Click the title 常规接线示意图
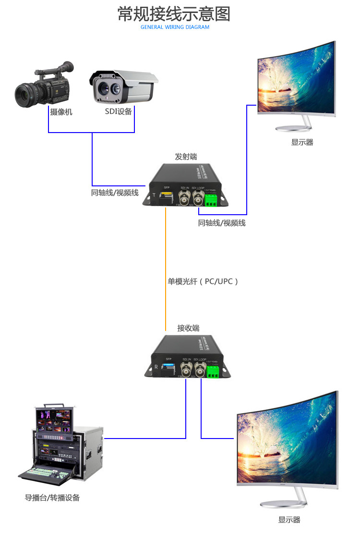[174, 14]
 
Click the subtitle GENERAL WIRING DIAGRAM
[175, 27]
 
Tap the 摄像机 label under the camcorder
[61, 112]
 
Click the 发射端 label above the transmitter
[186, 157]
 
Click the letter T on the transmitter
[154, 196]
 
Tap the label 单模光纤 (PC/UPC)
[203, 281]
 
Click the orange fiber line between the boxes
[166, 269]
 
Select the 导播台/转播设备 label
[52, 498]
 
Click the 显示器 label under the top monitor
[302, 142]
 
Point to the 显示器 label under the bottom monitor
[289, 520]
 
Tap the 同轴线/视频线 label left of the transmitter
[115, 193]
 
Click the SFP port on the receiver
[169, 369]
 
